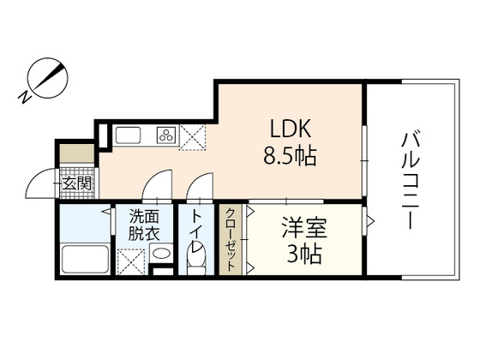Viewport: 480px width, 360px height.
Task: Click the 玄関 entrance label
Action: coord(77,183)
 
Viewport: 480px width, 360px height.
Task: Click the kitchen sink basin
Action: coord(129,135)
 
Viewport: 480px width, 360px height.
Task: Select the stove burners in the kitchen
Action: coord(165,135)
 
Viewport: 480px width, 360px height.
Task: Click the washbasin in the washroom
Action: coord(159,254)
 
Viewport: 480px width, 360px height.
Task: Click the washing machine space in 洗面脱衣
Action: coord(130,260)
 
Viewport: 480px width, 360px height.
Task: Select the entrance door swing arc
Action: coord(41,182)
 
